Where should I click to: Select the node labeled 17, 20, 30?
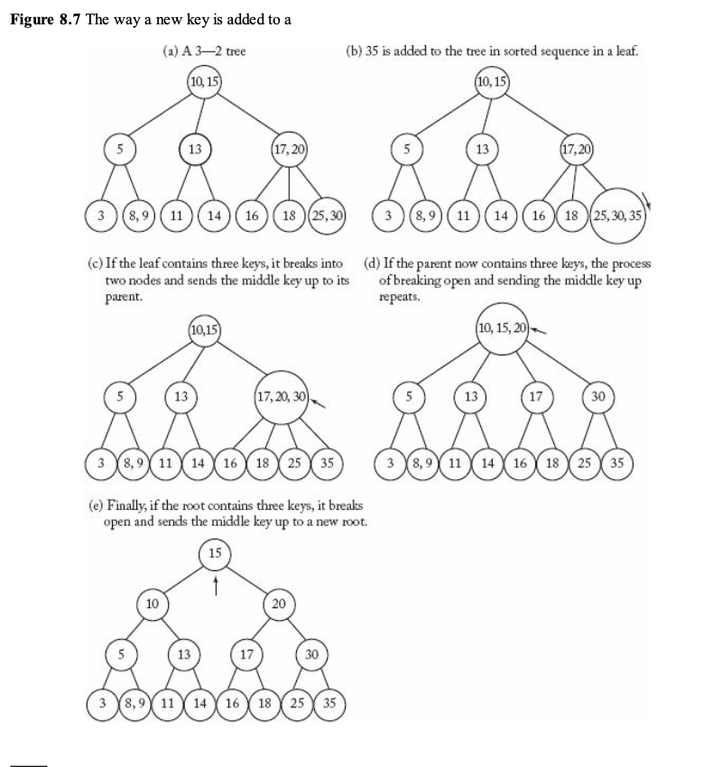(x=282, y=397)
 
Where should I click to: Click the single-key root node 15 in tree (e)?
(x=215, y=552)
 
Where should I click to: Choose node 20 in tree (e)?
(x=279, y=602)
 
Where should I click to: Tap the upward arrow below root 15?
(x=215, y=586)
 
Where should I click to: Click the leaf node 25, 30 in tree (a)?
(x=328, y=217)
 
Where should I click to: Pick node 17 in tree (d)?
(x=535, y=396)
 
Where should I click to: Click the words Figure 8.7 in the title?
(x=45, y=21)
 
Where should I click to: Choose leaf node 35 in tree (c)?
(x=328, y=464)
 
